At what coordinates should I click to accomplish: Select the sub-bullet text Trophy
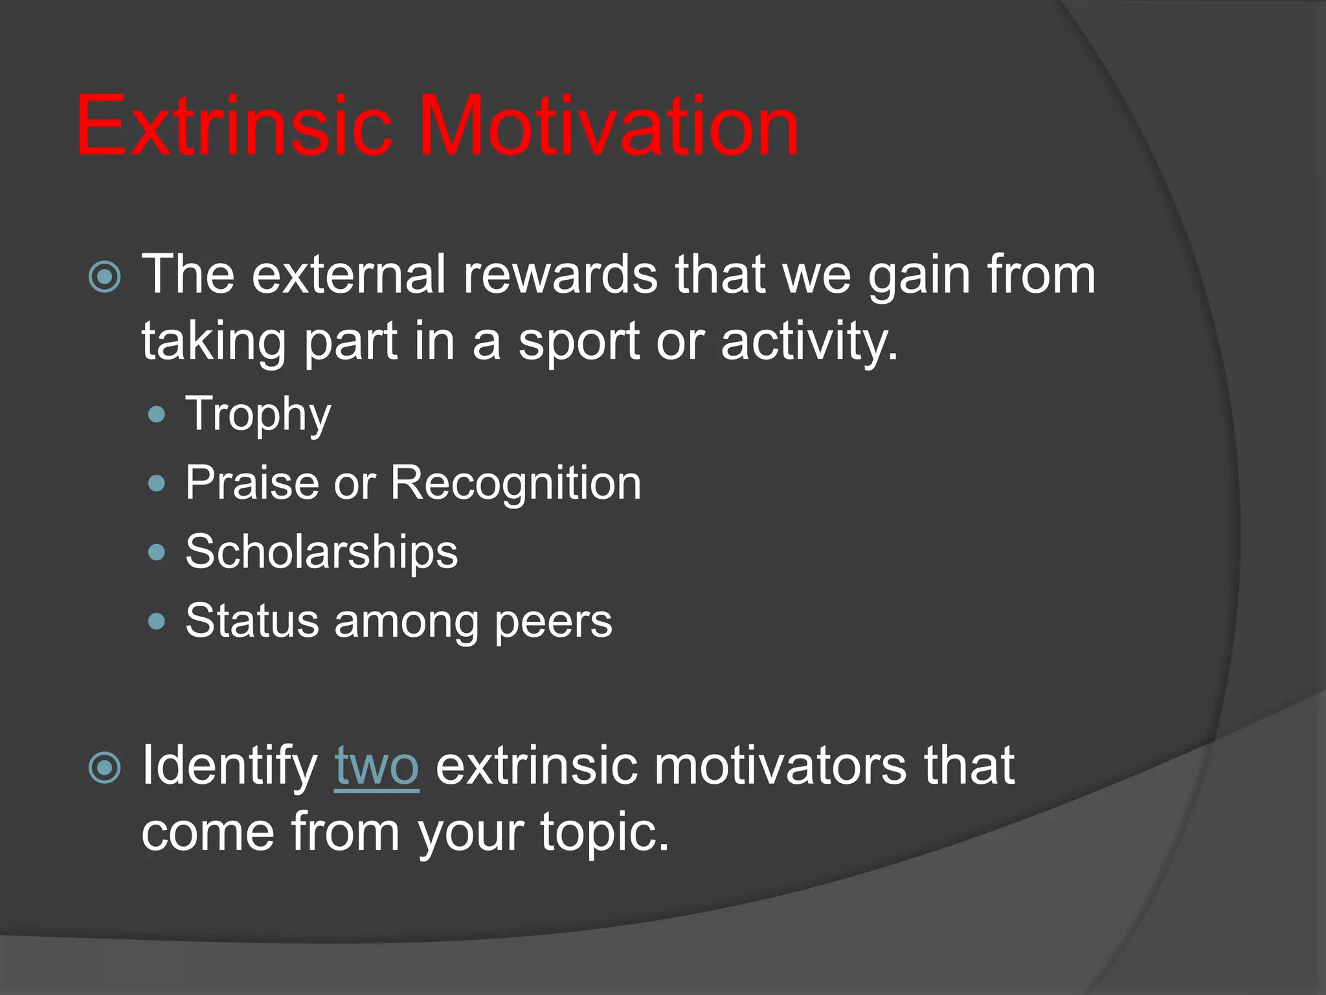pos(258,415)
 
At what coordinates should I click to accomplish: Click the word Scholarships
pos(321,552)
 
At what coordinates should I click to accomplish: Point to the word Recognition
pos(515,483)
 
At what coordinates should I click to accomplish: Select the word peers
pos(553,621)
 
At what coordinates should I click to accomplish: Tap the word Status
pos(252,621)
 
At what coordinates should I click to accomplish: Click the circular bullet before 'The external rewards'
pos(104,277)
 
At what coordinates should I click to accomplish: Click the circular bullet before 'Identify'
pos(104,768)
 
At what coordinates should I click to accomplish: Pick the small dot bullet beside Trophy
pos(157,415)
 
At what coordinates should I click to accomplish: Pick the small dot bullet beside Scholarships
pos(157,553)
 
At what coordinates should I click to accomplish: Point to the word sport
pos(579,342)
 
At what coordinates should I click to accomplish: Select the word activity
pos(809,342)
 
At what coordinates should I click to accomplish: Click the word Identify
pos(229,766)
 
